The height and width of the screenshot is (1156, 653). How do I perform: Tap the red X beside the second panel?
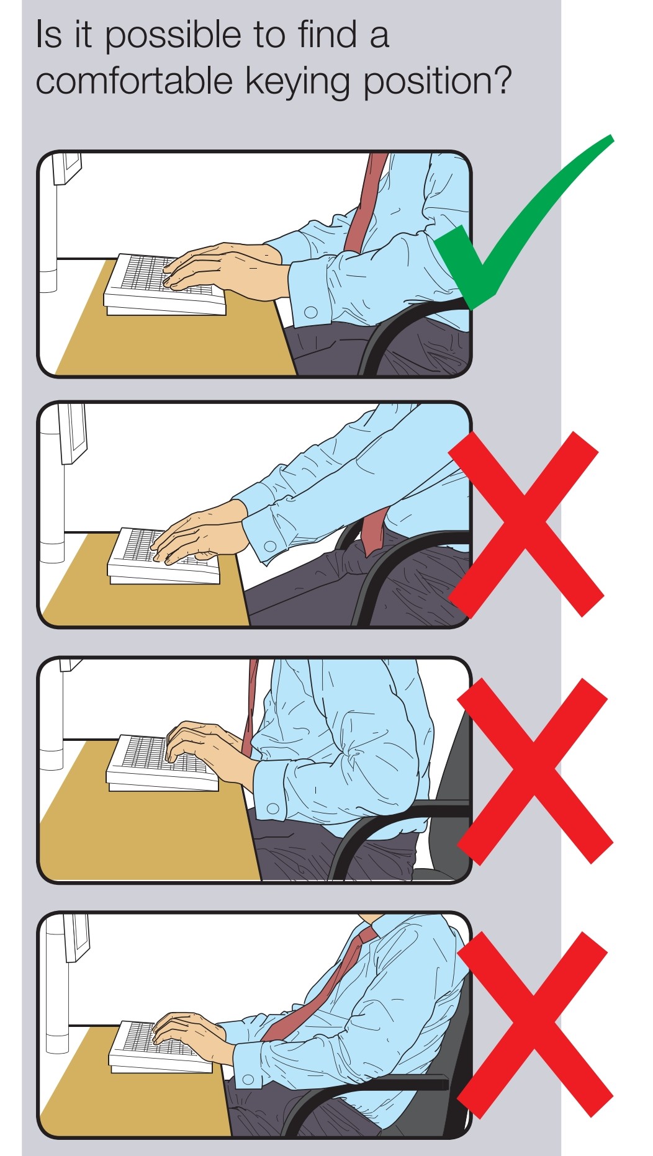tap(525, 525)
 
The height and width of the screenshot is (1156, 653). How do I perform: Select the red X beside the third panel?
tap(534, 771)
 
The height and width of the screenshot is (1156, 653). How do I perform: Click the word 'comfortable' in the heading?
tap(133, 81)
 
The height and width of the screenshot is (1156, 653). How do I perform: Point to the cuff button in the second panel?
tap(270, 547)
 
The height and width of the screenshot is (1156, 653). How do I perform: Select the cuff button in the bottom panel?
tap(248, 1080)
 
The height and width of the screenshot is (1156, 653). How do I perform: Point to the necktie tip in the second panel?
tap(371, 546)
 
